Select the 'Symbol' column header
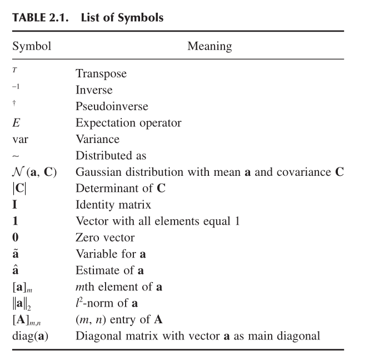tap(32, 46)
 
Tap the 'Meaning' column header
tap(210, 46)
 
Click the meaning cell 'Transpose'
tap(101, 73)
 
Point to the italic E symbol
tap(17, 122)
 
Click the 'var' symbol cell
tap(20, 139)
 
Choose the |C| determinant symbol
tap(20, 188)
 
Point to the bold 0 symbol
tap(16, 238)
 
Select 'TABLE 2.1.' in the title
tap(42, 18)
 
